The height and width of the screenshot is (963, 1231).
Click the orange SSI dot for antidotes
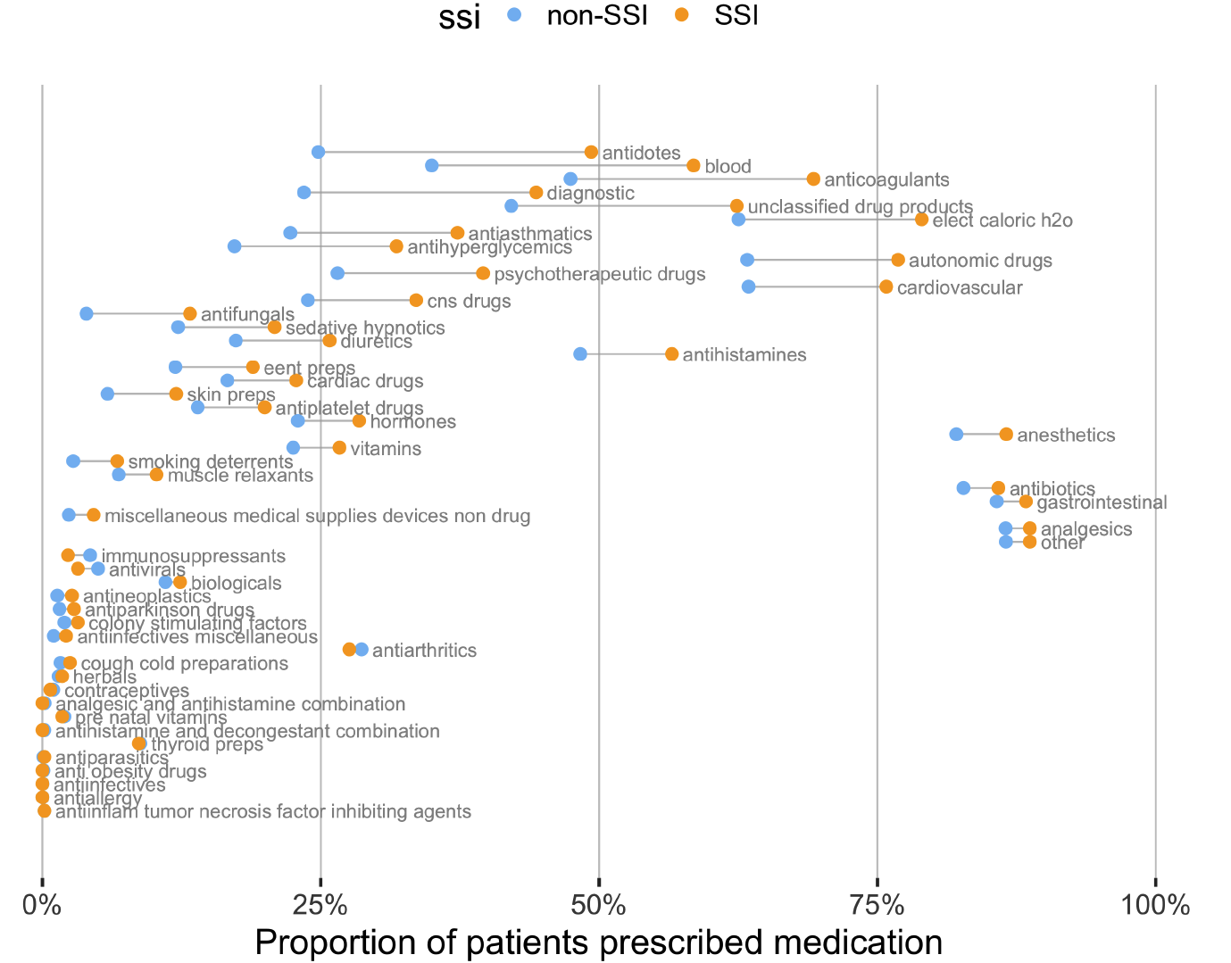click(591, 153)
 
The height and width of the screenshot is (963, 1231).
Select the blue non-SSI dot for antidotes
click(318, 153)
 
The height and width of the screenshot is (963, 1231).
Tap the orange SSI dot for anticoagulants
click(813, 179)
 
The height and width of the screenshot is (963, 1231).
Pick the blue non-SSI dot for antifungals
click(86, 313)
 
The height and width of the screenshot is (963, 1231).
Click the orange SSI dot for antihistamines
click(671, 354)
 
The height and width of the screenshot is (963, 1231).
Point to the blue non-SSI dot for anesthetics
click(956, 435)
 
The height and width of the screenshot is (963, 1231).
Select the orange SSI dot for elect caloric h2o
click(921, 220)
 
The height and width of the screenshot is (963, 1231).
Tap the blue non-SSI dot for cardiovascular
click(748, 286)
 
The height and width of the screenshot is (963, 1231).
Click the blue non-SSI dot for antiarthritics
click(362, 650)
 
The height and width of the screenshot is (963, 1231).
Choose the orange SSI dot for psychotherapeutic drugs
click(483, 273)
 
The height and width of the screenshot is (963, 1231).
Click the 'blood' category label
click(728, 167)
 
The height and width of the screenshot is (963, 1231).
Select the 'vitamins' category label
click(386, 448)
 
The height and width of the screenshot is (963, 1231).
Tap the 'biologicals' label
click(237, 584)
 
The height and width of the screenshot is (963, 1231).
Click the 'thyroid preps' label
click(207, 744)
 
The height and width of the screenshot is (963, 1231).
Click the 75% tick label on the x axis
click(878, 905)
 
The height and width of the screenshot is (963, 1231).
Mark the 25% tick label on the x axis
click(320, 905)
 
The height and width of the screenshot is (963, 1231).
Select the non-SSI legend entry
click(597, 15)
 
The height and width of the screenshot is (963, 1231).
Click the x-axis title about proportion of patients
click(598, 942)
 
